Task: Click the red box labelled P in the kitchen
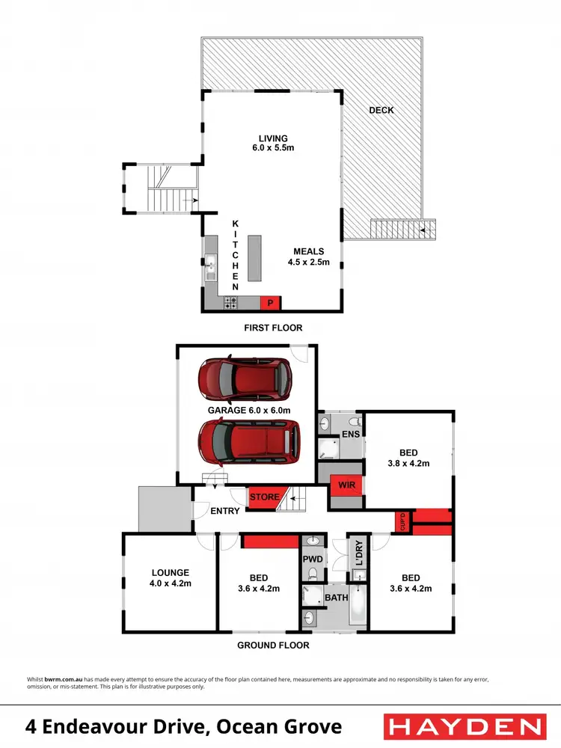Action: click(x=269, y=302)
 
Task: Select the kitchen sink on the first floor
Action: click(x=211, y=264)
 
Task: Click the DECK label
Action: click(x=381, y=110)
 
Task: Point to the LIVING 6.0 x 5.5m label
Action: click(x=273, y=143)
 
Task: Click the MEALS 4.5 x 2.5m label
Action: click(x=307, y=257)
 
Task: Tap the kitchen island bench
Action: click(x=256, y=258)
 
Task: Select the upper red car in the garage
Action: click(x=245, y=379)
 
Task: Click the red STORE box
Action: click(x=264, y=497)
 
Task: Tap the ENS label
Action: click(x=350, y=434)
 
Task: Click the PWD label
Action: click(x=313, y=558)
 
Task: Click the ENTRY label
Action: click(x=224, y=511)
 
